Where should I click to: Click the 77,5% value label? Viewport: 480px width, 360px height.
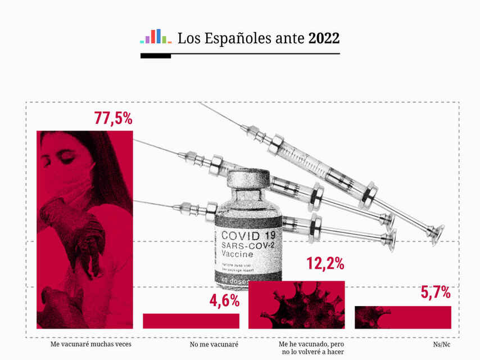pos(113,119)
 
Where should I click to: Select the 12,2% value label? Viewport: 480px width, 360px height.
pos(325,263)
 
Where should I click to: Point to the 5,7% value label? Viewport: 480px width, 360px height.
pos(436,292)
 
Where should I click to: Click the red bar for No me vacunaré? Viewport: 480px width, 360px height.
pos(191,321)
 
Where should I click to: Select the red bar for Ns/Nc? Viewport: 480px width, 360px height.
pos(402,317)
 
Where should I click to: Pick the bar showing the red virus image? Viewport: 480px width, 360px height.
pos(296,305)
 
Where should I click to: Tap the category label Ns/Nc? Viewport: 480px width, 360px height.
pos(442,343)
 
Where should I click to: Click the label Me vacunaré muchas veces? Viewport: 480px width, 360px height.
pos(90,343)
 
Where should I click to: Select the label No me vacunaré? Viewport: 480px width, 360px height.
pos(214,343)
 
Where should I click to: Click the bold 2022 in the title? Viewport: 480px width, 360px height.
pos(324,39)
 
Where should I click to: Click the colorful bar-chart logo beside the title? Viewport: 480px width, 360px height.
pos(156,37)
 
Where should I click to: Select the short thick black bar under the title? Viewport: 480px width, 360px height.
pos(156,56)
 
